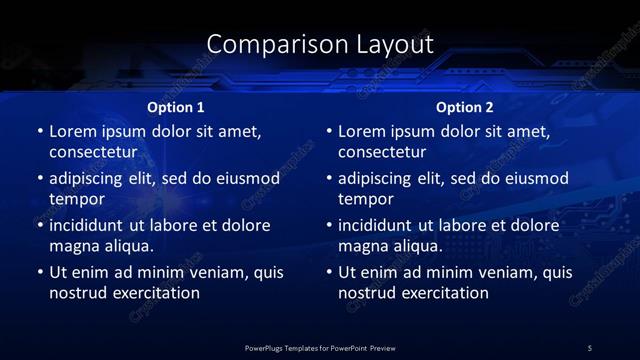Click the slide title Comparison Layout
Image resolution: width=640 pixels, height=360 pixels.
click(320, 44)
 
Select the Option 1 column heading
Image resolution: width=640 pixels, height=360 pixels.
click(176, 107)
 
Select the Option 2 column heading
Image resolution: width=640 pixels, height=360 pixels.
click(465, 107)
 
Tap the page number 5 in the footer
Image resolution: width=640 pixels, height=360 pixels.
click(590, 347)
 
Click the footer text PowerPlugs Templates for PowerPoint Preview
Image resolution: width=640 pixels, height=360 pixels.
click(320, 347)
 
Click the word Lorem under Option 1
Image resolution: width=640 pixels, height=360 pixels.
click(73, 131)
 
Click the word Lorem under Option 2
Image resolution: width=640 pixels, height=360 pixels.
click(363, 131)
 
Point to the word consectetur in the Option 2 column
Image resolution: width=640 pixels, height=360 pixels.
click(382, 152)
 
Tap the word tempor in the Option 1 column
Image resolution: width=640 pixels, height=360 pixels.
click(74, 199)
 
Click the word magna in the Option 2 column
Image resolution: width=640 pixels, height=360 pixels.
click(363, 246)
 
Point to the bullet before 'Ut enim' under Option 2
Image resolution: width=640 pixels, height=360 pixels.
click(329, 272)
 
